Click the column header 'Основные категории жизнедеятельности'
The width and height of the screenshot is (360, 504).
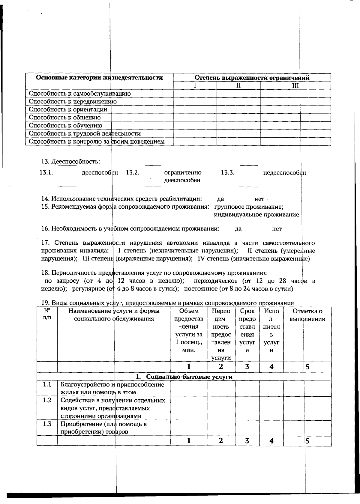(x=99, y=78)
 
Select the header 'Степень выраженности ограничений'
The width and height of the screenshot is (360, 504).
(x=252, y=78)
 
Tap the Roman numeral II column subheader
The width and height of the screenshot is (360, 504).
(x=238, y=85)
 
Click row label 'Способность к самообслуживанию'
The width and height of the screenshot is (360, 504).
(x=80, y=93)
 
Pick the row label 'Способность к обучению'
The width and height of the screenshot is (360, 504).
(x=65, y=125)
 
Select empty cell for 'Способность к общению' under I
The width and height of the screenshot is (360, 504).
(x=195, y=118)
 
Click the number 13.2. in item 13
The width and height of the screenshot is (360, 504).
(x=133, y=172)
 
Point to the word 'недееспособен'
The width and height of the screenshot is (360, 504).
(x=284, y=173)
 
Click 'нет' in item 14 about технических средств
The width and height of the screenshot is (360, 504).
(x=259, y=199)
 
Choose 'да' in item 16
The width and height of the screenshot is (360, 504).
(x=238, y=229)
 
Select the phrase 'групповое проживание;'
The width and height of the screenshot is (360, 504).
(x=249, y=207)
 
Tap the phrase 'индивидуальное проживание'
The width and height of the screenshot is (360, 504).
(x=256, y=215)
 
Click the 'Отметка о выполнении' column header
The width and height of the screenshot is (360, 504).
(x=307, y=315)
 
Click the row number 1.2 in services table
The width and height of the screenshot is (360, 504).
(x=47, y=400)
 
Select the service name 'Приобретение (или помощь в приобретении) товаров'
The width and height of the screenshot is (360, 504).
(x=103, y=428)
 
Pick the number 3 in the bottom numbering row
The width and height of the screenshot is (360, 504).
(x=247, y=441)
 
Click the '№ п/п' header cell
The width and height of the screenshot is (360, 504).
(x=47, y=314)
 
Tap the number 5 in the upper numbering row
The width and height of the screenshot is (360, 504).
(x=307, y=366)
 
